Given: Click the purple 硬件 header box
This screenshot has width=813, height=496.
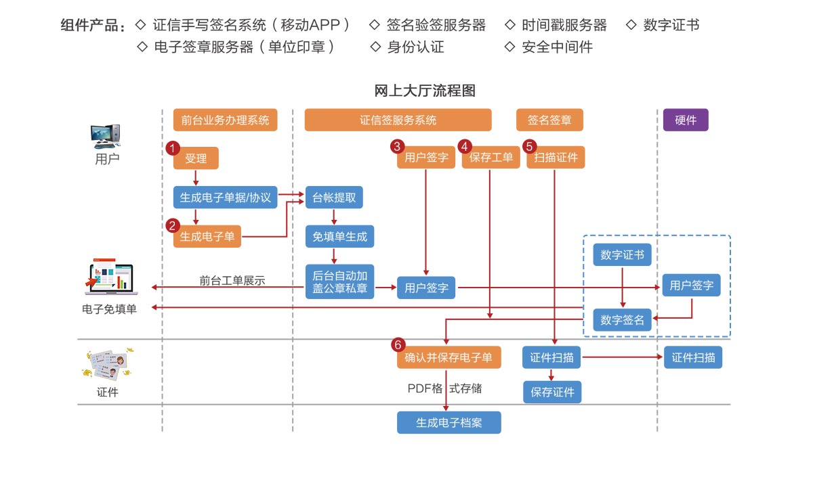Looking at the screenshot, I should pyautogui.click(x=686, y=120).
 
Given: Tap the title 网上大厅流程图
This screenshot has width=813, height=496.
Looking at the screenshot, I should pyautogui.click(x=425, y=91).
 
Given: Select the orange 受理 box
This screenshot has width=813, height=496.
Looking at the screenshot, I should pyautogui.click(x=196, y=158).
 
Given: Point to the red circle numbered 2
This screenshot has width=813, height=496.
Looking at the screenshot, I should pyautogui.click(x=173, y=225).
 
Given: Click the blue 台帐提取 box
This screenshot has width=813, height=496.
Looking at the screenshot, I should pyautogui.click(x=334, y=198).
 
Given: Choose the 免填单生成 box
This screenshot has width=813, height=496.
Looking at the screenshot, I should pyautogui.click(x=339, y=237).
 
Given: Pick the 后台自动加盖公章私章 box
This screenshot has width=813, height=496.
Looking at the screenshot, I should pyautogui.click(x=339, y=281).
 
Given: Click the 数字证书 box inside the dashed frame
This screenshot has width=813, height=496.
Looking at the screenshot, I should pyautogui.click(x=622, y=256).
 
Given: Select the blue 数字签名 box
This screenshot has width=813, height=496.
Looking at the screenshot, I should pyautogui.click(x=622, y=320).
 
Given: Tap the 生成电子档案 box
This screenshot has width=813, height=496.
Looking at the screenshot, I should pyautogui.click(x=449, y=423).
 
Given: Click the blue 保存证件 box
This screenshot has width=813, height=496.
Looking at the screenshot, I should pyautogui.click(x=552, y=392).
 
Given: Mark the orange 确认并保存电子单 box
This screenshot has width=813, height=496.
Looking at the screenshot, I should pyautogui.click(x=449, y=358).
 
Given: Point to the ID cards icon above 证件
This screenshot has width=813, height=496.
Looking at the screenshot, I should pyautogui.click(x=108, y=366).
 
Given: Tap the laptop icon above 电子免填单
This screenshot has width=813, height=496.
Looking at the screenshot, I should pyautogui.click(x=110, y=279).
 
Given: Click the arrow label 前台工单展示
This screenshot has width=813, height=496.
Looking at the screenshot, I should pyautogui.click(x=232, y=280).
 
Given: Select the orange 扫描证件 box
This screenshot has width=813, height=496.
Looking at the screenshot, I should pyautogui.click(x=556, y=158).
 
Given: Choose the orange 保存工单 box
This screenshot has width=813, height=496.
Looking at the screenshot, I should pyautogui.click(x=491, y=158).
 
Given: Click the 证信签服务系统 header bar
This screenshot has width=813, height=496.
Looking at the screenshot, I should pyautogui.click(x=398, y=120).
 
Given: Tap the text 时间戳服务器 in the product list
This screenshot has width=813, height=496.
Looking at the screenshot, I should pyautogui.click(x=564, y=26).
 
